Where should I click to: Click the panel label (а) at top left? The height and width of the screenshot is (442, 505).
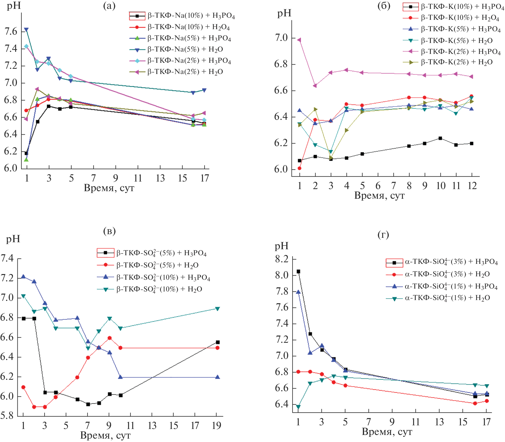click(109, 6)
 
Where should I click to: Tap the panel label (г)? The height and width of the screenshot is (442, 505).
click(383, 235)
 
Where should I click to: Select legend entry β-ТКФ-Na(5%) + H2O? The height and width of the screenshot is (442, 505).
click(185, 49)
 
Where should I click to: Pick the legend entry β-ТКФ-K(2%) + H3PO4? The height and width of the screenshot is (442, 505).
click(461, 52)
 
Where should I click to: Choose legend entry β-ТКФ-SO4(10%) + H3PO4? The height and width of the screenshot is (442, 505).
click(163, 277)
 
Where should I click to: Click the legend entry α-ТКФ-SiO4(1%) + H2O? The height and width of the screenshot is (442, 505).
click(447, 298)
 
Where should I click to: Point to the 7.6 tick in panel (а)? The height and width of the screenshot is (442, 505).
click(11, 32)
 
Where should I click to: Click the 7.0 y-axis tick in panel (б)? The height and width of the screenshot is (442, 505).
click(281, 38)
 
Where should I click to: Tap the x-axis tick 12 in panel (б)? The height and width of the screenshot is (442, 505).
click(472, 186)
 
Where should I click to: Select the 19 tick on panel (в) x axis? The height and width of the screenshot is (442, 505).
click(217, 426)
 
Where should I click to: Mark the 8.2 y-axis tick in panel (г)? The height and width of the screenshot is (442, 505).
click(282, 259)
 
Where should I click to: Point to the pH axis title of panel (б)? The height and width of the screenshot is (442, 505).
click(284, 13)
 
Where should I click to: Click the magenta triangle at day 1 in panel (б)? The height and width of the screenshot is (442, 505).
click(299, 40)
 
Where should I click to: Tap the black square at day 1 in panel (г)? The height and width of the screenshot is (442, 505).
click(298, 271)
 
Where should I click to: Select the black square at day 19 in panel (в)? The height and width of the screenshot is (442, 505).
click(218, 342)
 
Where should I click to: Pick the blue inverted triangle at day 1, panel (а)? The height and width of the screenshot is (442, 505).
click(26, 30)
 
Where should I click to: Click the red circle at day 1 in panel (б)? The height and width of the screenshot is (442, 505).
click(299, 168)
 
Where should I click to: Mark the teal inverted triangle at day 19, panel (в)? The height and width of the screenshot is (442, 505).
click(218, 309)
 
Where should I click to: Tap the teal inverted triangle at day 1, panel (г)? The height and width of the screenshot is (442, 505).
click(298, 407)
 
